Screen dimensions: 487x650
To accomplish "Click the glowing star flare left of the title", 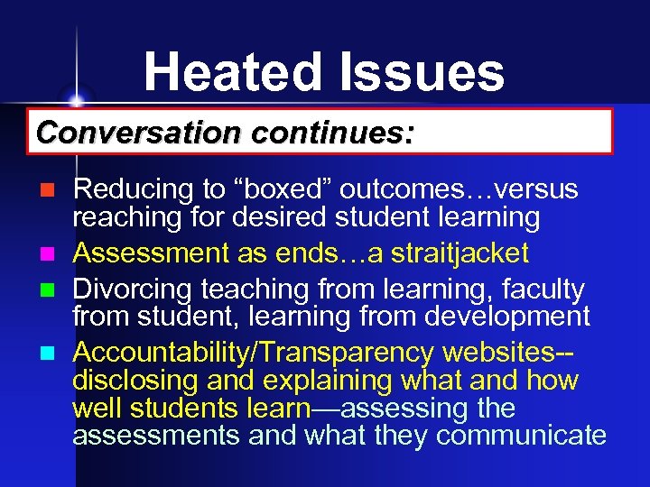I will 76,98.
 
